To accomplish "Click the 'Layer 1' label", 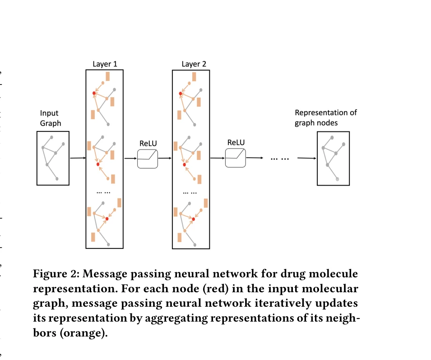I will (105, 64).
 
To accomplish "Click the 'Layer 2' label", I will (194, 64).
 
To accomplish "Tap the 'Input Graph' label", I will (50, 118).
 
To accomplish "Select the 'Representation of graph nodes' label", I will (325, 117).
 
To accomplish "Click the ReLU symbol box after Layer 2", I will (236, 158).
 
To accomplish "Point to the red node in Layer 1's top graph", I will (94, 94).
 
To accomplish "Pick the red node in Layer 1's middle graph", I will (98, 164).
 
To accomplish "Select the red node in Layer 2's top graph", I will (180, 94).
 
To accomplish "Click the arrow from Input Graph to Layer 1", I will (78, 158).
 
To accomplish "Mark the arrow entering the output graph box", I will (306, 158).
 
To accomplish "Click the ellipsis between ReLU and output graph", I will (279, 159).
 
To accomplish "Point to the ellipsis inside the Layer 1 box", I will (104, 192).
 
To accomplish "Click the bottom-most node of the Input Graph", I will (57, 179).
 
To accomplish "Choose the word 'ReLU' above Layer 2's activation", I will (236, 142).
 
